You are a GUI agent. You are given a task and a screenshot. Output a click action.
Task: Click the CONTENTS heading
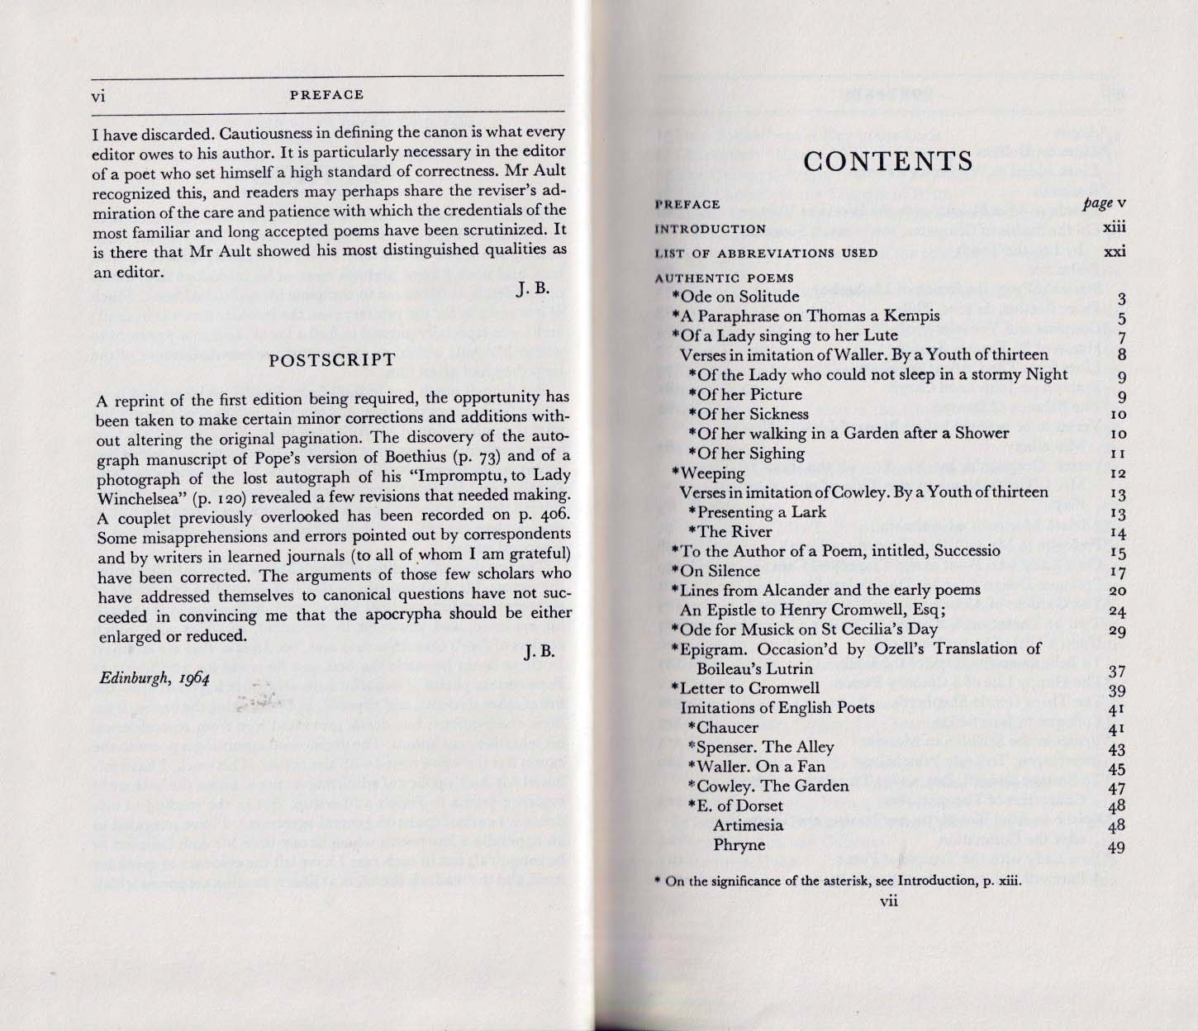point(888,161)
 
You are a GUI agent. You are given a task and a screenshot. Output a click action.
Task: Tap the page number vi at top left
point(98,95)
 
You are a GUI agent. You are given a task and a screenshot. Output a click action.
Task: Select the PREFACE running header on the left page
point(327,95)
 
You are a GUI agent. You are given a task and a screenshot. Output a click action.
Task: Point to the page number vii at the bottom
point(888,901)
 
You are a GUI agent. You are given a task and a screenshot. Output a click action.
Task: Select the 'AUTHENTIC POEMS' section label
point(724,278)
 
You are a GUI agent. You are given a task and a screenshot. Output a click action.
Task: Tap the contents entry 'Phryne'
point(739,845)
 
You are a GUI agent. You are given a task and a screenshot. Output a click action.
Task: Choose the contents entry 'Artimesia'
point(748,825)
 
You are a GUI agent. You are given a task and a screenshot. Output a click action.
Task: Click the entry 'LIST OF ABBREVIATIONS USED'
point(766,254)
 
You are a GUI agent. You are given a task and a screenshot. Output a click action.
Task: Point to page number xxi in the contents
point(1115,253)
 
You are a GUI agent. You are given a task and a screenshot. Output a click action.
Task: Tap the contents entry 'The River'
point(734,532)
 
